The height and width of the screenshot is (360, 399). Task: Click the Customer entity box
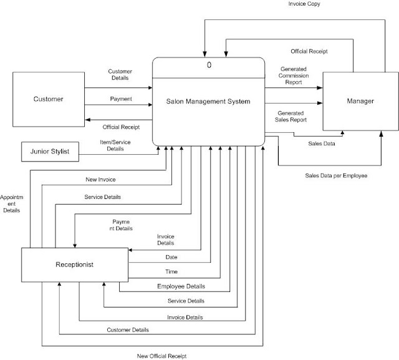coord(47,100)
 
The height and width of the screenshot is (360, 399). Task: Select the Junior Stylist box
coord(50,151)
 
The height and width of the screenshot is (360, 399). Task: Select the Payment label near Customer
coord(120,98)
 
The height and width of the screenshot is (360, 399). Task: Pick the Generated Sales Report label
coord(293,117)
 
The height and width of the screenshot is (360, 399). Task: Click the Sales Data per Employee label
coord(336,177)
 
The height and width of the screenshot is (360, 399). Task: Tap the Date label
coord(171,257)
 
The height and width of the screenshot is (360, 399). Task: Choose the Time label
coord(171,272)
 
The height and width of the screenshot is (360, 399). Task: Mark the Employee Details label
coord(181,286)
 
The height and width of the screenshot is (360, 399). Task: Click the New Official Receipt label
coord(161,356)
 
